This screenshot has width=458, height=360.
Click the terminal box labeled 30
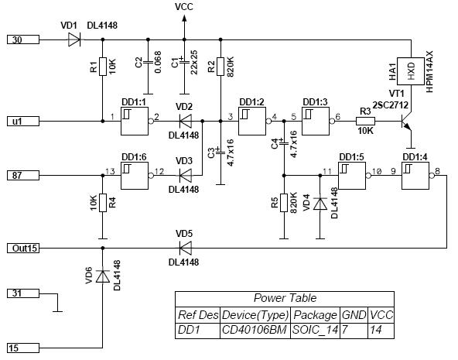click(x=23, y=39)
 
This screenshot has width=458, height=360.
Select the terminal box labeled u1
click(x=23, y=121)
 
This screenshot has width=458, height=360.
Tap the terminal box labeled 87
click(x=23, y=175)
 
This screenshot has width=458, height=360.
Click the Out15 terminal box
click(x=23, y=248)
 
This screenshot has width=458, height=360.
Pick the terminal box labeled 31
click(x=23, y=293)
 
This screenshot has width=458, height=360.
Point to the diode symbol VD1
click(x=74, y=39)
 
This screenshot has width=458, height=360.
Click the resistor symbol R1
click(x=103, y=67)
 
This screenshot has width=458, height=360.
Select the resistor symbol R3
click(x=365, y=121)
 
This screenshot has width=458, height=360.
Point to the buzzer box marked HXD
click(x=411, y=71)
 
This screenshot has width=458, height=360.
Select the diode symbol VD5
click(x=186, y=248)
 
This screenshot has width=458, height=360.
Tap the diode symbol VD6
click(x=103, y=276)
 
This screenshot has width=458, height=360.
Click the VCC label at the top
click(x=184, y=7)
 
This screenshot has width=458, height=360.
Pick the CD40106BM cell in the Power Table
click(x=255, y=331)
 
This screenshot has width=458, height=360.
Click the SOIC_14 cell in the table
click(x=315, y=331)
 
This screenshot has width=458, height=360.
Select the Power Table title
click(x=285, y=298)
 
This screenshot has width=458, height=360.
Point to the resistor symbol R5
click(x=284, y=203)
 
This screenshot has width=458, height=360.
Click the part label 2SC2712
click(x=390, y=105)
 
